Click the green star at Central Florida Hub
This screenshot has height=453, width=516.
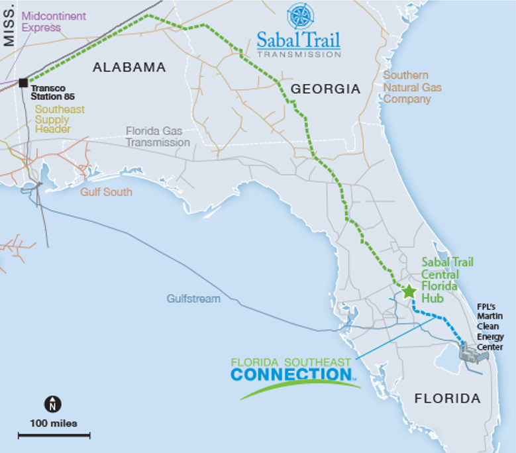(x=409, y=291)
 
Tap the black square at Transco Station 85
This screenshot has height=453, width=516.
(x=23, y=83)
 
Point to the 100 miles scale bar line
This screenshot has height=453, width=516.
(x=54, y=435)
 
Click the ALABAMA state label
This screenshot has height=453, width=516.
(x=129, y=67)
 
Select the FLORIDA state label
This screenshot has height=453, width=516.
(x=447, y=399)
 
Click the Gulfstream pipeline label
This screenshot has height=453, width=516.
(x=193, y=299)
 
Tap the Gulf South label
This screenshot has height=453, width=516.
(x=106, y=192)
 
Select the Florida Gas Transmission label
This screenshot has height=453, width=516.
(x=158, y=137)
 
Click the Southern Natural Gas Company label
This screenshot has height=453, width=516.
(x=412, y=87)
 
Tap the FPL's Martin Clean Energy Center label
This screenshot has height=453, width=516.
(x=490, y=327)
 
